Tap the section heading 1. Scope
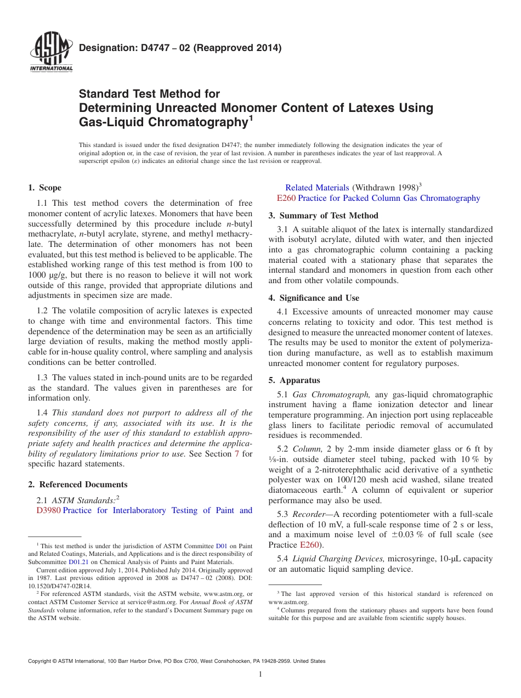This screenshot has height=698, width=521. [x=44, y=188]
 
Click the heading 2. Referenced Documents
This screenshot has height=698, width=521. [x=77, y=485]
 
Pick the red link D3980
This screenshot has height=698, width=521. [x=48, y=510]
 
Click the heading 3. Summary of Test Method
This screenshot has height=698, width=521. [x=324, y=216]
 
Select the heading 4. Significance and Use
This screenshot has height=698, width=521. [x=314, y=298]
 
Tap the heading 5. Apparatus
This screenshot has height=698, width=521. [x=295, y=380]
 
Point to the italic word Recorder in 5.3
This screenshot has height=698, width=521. [x=309, y=514]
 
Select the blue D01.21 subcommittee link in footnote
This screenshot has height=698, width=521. [x=78, y=562]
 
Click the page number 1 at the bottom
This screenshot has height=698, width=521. [x=260, y=675]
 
